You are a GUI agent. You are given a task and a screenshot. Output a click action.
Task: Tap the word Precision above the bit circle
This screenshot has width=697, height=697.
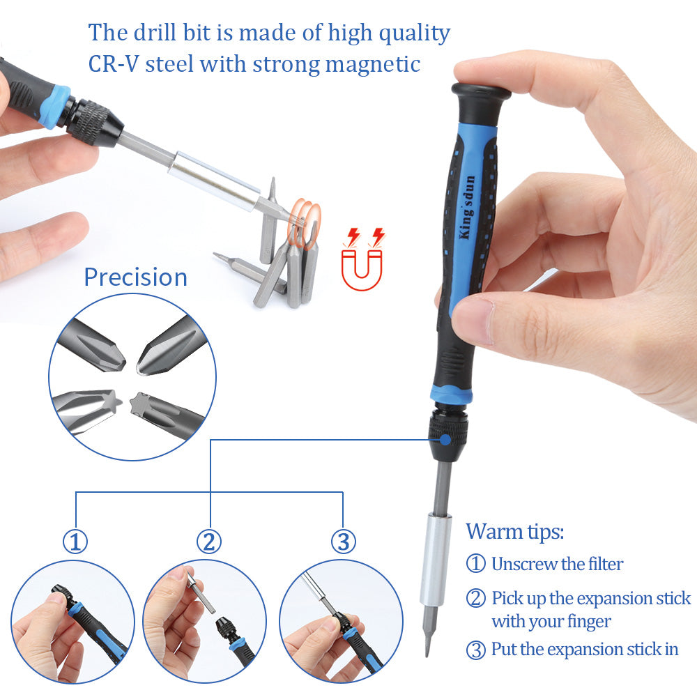135,277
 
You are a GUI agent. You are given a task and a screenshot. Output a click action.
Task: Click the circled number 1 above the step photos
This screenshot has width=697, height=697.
75,541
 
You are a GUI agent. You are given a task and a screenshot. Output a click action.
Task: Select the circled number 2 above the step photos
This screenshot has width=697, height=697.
209,541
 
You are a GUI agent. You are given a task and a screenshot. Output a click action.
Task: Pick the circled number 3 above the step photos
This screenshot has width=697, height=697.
343,541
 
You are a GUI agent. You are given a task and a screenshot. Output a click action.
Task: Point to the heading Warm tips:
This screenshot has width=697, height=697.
514,531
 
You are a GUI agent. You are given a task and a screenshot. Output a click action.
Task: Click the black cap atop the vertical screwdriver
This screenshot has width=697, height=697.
481,92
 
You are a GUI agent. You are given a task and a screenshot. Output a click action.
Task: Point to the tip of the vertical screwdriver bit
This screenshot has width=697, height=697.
427,652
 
